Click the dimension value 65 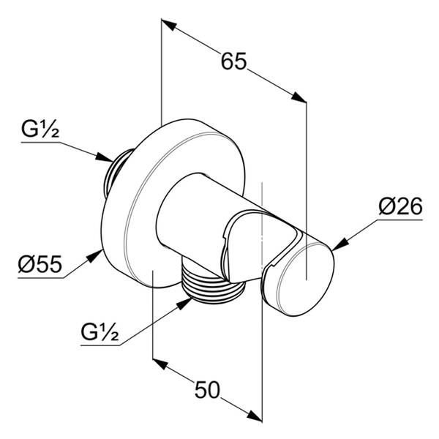tap(234, 61)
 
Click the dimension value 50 tap(207, 390)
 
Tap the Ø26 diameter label tap(400, 206)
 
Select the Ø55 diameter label tap(40, 264)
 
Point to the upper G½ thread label tap(40, 129)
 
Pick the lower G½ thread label tap(100, 332)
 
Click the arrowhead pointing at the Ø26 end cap tap(340, 244)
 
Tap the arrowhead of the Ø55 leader tap(94, 255)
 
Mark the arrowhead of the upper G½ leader tap(104, 157)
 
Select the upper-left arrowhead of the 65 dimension tap(169, 24)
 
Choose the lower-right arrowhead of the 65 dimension tap(299, 97)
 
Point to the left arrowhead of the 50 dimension tap(160, 364)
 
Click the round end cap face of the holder tap(306, 279)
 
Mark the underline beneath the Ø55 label tap(41, 278)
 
